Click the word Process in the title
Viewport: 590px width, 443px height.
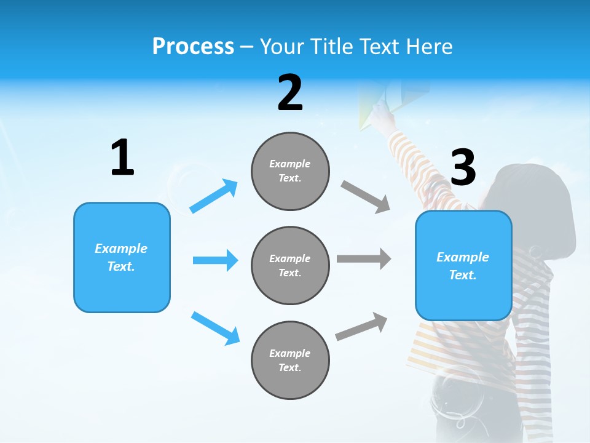[193, 47]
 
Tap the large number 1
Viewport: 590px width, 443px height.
[122, 158]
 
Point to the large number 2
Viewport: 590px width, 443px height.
[290, 94]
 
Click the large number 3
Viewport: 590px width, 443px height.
[463, 167]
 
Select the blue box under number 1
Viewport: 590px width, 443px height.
[122, 257]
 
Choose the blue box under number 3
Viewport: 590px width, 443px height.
[463, 265]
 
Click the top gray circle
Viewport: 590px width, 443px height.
[290, 171]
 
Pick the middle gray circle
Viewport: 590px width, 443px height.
[290, 265]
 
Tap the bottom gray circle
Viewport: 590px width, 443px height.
[290, 360]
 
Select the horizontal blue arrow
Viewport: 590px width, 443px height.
[215, 260]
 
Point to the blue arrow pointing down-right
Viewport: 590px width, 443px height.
[215, 328]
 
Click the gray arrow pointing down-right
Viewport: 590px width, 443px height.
[366, 197]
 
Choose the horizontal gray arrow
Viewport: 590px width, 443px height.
[364, 258]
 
